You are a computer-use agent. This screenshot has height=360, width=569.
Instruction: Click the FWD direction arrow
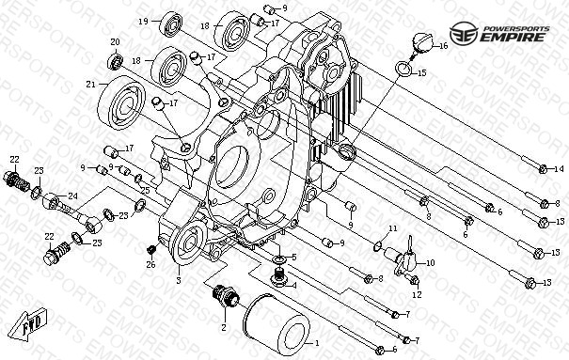[28, 324]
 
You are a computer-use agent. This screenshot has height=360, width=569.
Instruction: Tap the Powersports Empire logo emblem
[464, 33]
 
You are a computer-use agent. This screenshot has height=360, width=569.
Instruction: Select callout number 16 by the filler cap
[443, 46]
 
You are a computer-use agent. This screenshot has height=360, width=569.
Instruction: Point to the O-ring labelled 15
[403, 69]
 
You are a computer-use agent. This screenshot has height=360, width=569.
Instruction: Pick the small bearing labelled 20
[116, 61]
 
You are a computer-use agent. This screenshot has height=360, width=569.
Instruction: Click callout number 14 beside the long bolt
[559, 169]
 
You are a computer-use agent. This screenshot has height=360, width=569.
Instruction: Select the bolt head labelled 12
[415, 280]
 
